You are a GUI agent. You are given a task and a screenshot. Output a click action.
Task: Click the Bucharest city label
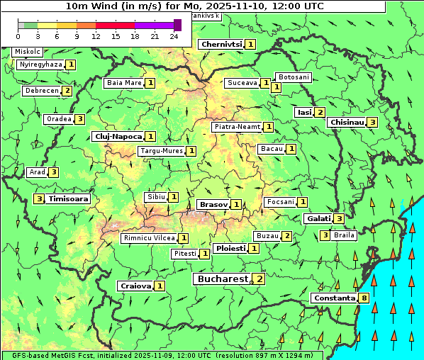point(222,279)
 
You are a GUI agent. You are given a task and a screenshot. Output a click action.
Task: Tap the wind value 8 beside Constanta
point(364,298)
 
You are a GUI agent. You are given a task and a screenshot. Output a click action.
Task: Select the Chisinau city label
point(347,122)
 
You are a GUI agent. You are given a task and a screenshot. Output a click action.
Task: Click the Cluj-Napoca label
point(117,136)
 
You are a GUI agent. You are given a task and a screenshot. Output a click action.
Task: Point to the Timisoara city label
point(69,199)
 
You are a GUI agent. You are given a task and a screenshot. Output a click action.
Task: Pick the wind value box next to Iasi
point(320,112)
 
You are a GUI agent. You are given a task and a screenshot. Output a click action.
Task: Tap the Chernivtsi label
point(222,44)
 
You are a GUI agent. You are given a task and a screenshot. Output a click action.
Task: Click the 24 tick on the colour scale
point(174,36)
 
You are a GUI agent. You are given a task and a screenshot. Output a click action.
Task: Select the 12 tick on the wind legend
point(96,36)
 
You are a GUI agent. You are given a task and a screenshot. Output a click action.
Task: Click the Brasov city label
point(213,204)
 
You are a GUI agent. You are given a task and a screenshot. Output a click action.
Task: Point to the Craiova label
point(135,286)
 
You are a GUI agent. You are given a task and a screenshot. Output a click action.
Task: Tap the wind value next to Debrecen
point(67,91)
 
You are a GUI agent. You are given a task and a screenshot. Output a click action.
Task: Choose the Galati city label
point(318,218)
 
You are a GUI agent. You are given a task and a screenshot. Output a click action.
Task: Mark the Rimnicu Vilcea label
point(148,238)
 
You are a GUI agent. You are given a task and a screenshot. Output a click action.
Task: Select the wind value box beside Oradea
point(80,119)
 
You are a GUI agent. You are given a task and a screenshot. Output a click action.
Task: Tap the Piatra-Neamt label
point(238,127)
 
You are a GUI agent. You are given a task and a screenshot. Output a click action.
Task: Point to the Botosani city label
point(293,77)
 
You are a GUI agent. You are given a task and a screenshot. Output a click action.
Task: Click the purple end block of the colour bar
point(177,25)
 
